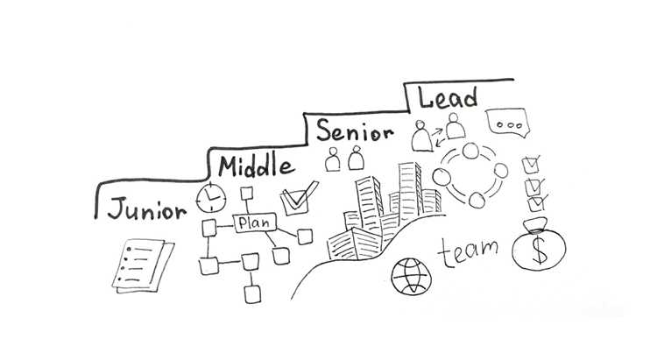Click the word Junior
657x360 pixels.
coord(146,208)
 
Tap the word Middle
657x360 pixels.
coord(256,165)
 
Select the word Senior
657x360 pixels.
coord(355,131)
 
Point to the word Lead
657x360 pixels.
coord(448,97)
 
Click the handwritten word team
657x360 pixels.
coord(468,251)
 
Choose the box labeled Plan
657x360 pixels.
coord(255,222)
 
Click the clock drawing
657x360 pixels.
coord(211,197)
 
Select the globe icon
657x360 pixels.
coord(411,277)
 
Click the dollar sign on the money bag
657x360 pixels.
coord(540,250)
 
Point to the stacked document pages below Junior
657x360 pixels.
coord(143,265)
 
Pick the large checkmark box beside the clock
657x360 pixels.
coord(299,198)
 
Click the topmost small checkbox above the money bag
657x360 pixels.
coord(531,165)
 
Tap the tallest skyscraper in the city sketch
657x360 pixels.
coord(410,191)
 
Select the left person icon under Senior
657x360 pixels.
coord(333,159)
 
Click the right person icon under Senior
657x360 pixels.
coord(357,158)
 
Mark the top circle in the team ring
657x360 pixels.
coord(470,151)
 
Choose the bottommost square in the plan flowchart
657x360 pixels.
coord(252,293)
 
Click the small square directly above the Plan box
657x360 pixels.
coord(247,194)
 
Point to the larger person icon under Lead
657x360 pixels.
coord(421,136)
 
